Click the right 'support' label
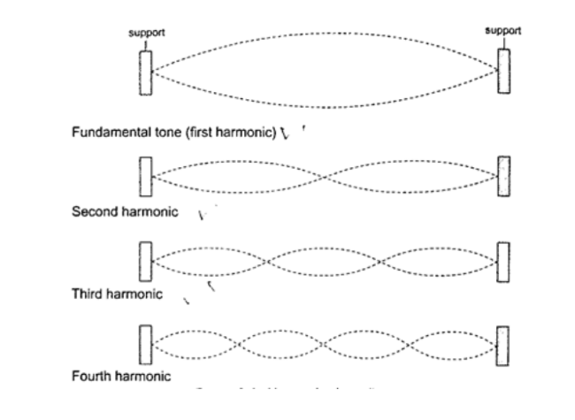503,30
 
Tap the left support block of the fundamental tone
146,72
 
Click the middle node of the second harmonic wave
325,177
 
